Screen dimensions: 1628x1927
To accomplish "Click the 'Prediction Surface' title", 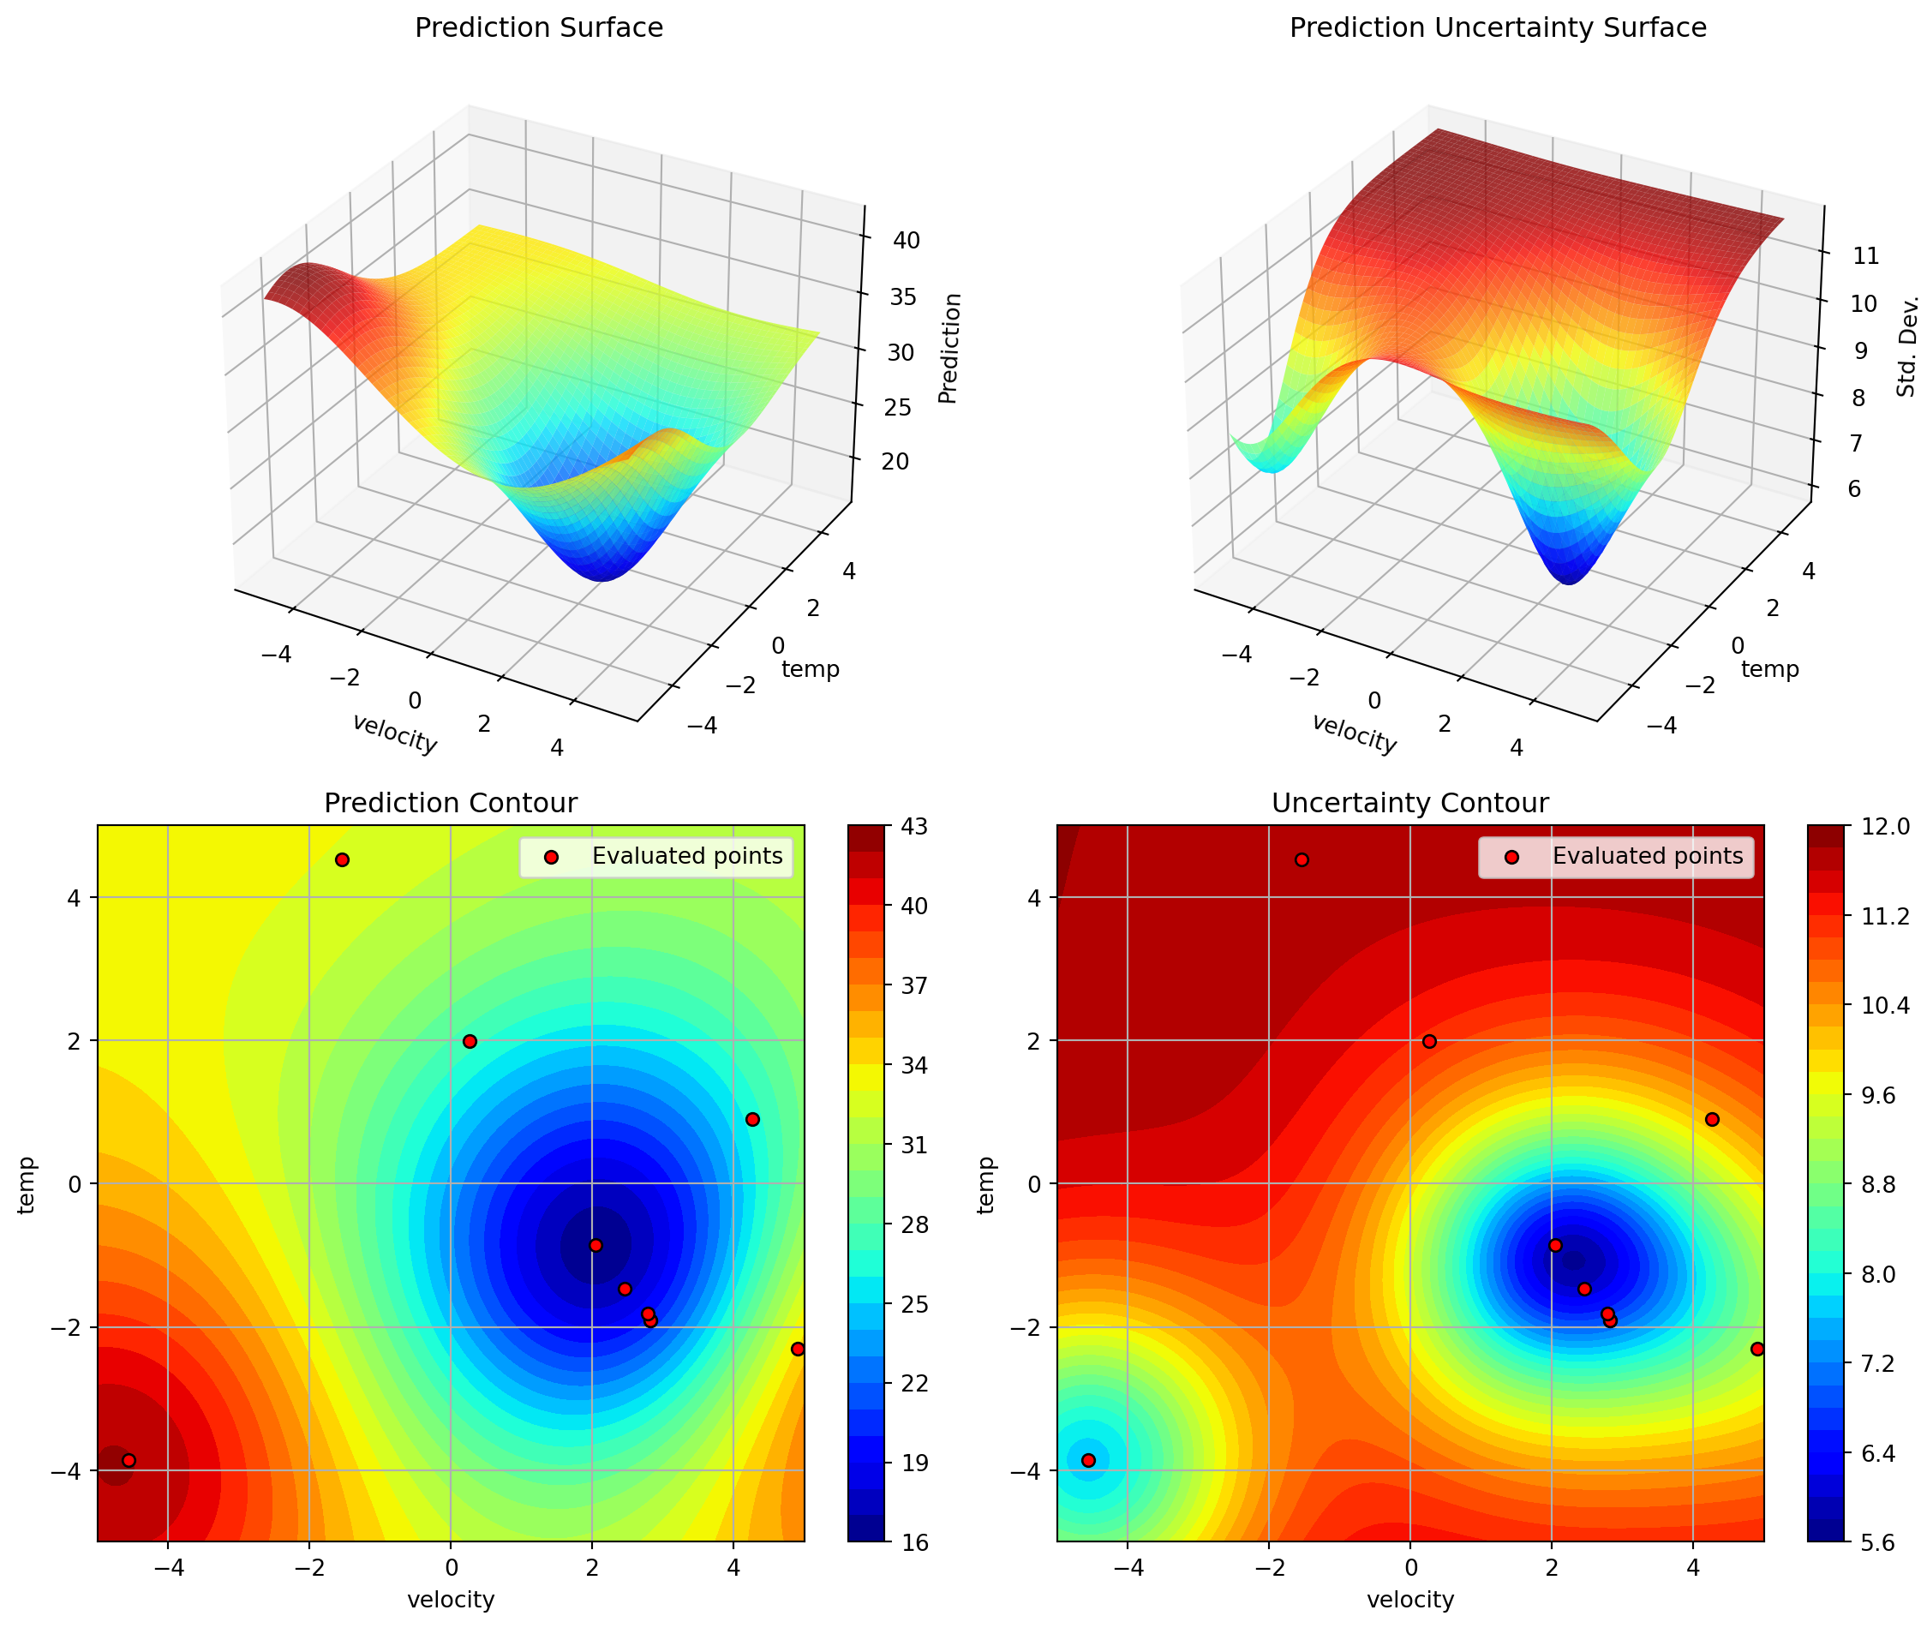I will point(538,27).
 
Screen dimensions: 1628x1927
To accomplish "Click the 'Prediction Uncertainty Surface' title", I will point(1497,27).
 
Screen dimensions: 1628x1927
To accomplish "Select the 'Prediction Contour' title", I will point(451,803).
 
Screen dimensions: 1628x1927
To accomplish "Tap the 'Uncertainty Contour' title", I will point(1409,803).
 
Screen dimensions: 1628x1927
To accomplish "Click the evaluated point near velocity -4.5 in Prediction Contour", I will point(129,1460).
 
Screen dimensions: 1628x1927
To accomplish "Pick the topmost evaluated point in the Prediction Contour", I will point(343,860).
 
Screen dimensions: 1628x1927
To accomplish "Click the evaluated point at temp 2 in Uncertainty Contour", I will point(1429,1042).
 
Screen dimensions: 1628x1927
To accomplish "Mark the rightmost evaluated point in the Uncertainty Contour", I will point(1757,1350).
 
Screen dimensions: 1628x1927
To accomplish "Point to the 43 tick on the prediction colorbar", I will point(902,826).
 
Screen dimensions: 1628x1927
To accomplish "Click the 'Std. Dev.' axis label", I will point(1906,347).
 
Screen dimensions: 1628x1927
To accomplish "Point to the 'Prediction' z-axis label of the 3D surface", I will point(949,349).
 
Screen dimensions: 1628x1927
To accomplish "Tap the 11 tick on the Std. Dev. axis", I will point(1866,255).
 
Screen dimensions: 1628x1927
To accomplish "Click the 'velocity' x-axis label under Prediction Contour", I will point(451,1600).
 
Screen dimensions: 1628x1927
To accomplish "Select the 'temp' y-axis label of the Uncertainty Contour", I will point(985,1185).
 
